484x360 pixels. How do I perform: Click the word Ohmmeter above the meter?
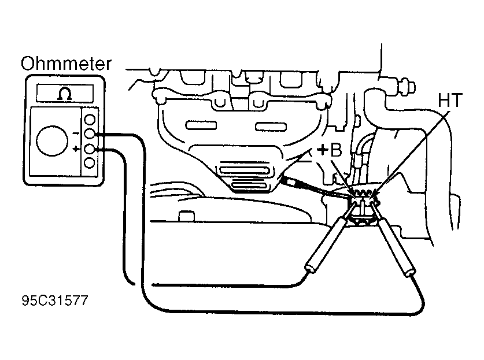pyautogui.click(x=66, y=64)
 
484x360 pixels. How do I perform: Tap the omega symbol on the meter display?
pyautogui.click(x=65, y=94)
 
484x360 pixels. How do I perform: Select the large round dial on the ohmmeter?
pyautogui.click(x=52, y=140)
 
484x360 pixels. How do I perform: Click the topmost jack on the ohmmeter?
pyautogui.click(x=90, y=120)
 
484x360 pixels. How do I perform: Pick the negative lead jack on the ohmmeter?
pyautogui.click(x=90, y=134)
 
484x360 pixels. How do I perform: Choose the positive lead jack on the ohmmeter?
pyautogui.click(x=90, y=149)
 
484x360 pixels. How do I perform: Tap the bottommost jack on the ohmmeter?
pyautogui.click(x=90, y=163)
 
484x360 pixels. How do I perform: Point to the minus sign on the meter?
pyautogui.click(x=76, y=133)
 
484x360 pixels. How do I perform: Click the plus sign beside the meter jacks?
pyautogui.click(x=76, y=149)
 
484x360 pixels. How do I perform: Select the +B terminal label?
pyautogui.click(x=330, y=151)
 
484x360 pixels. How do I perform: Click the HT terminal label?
pyautogui.click(x=450, y=101)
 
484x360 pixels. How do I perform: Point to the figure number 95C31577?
pyautogui.click(x=55, y=300)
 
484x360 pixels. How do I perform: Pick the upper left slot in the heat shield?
pyautogui.click(x=201, y=125)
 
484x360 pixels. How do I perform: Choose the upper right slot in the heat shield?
pyautogui.click(x=271, y=126)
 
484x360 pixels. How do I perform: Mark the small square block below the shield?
pyautogui.click(x=187, y=216)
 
